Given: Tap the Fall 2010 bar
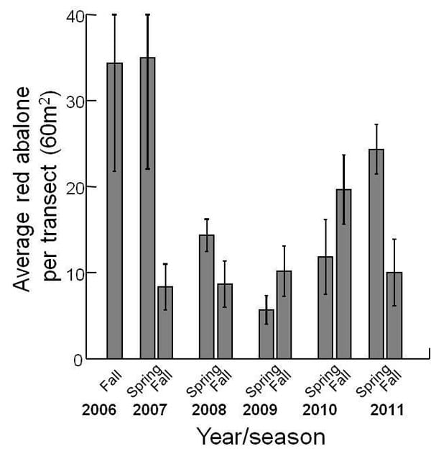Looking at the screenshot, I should coord(343,274).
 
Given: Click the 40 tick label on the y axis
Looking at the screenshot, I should coord(74,15).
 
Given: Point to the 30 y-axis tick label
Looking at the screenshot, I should coord(74,101).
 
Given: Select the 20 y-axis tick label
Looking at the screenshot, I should coord(74,187).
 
